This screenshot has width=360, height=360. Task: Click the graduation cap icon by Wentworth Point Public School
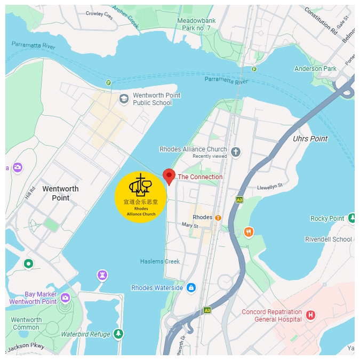(x=124, y=99)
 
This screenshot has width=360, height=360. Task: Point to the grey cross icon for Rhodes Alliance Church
(x=236, y=153)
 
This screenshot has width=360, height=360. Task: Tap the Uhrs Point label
(x=310, y=139)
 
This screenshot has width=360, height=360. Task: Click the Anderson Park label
(x=315, y=69)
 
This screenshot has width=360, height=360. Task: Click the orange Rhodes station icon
(x=218, y=218)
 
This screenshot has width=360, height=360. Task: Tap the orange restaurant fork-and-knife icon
(x=248, y=231)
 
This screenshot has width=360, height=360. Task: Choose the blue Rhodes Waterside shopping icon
(x=191, y=288)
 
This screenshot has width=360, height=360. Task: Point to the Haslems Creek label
(x=160, y=261)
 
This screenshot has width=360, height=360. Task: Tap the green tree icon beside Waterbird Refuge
(x=118, y=334)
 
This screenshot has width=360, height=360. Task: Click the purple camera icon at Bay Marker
(x=65, y=298)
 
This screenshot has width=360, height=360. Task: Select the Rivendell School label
(x=329, y=239)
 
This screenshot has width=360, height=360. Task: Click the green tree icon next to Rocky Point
(x=352, y=218)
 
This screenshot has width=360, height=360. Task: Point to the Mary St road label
(x=190, y=226)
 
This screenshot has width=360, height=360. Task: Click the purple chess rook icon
(x=102, y=275)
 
